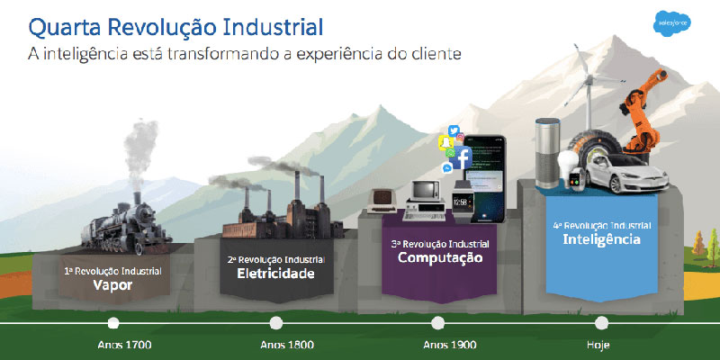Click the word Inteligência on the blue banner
coord(601,239)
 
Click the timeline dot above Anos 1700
coord(112,322)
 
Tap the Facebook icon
coord(462,159)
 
